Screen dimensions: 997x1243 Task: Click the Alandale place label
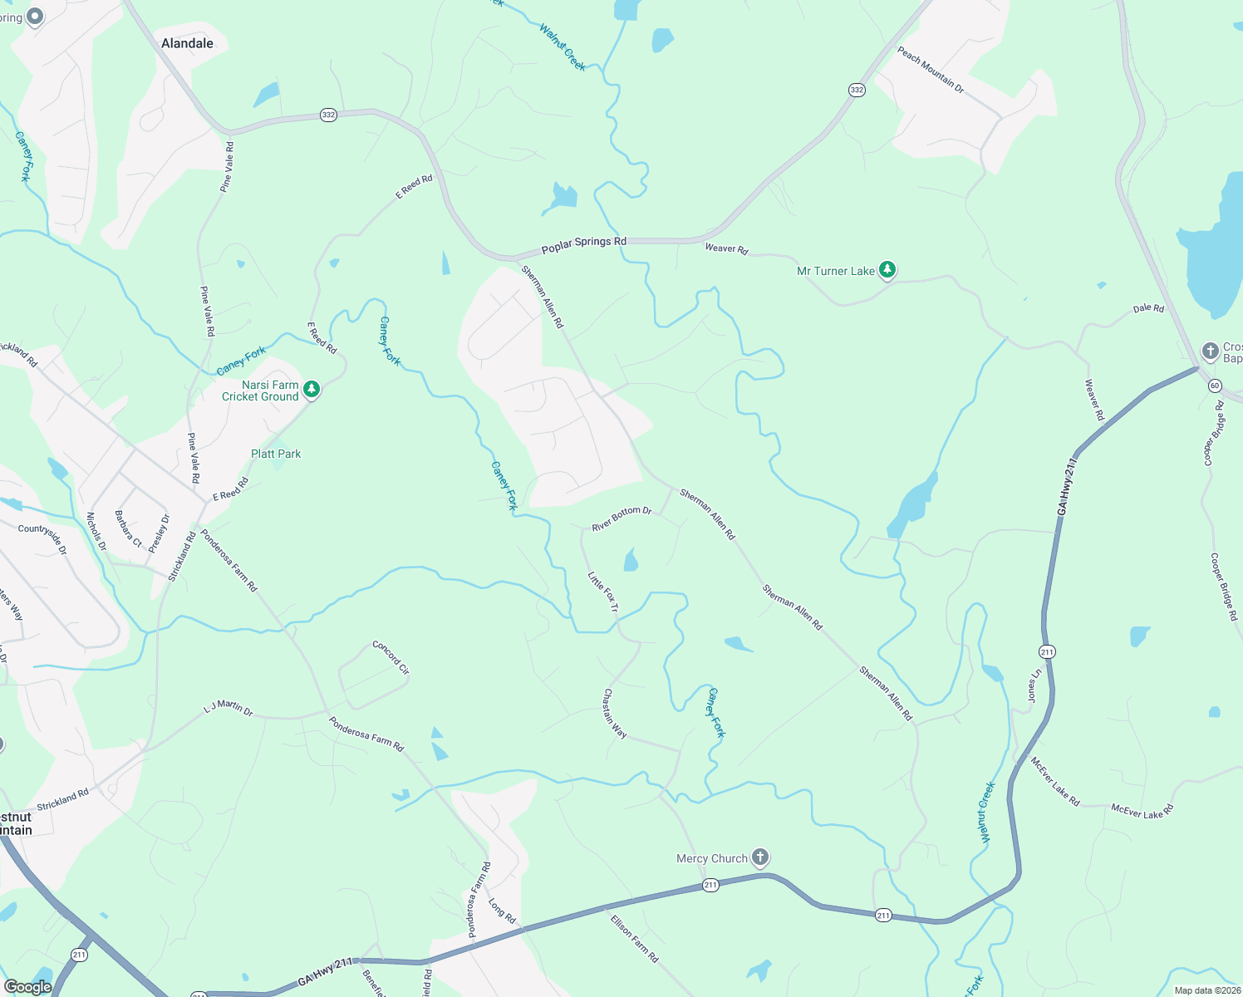pyautogui.click(x=187, y=43)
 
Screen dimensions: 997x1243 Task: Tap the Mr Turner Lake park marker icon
pyautogui.click(x=888, y=269)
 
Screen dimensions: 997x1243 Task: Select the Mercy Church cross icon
pyautogui.click(x=759, y=857)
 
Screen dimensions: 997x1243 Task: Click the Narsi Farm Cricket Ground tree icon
pyautogui.click(x=312, y=389)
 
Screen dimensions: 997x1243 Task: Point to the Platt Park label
pyautogui.click(x=276, y=454)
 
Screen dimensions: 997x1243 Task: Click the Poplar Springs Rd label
pyautogui.click(x=583, y=245)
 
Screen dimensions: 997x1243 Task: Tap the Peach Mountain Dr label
pyautogui.click(x=930, y=70)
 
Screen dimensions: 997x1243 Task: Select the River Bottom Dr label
pyautogui.click(x=621, y=518)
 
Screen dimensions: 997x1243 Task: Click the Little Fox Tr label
pyautogui.click(x=603, y=592)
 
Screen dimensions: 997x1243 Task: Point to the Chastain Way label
pyautogui.click(x=615, y=713)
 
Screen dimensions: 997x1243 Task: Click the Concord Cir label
pyautogui.click(x=391, y=657)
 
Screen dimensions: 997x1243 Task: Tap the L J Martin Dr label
pyautogui.click(x=228, y=708)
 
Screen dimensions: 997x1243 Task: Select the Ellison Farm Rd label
pyautogui.click(x=634, y=938)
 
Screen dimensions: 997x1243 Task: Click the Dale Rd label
pyautogui.click(x=1148, y=308)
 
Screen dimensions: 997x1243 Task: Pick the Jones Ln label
pyautogui.click(x=1034, y=685)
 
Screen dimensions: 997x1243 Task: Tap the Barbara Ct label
pyautogui.click(x=129, y=528)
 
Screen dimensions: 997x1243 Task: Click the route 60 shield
pyautogui.click(x=1215, y=386)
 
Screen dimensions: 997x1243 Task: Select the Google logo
pyautogui.click(x=27, y=987)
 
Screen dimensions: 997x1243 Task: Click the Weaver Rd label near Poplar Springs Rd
pyautogui.click(x=726, y=248)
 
